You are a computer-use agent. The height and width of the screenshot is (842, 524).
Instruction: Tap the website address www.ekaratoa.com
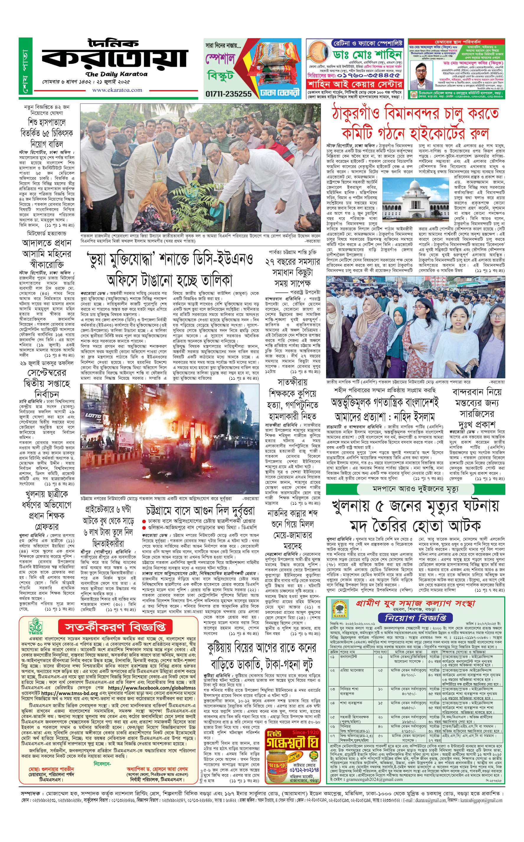click(x=117, y=90)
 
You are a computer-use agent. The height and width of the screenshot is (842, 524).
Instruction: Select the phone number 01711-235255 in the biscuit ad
click(x=228, y=94)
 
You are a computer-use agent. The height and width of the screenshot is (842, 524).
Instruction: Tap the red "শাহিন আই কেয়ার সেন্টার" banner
click(x=355, y=84)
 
